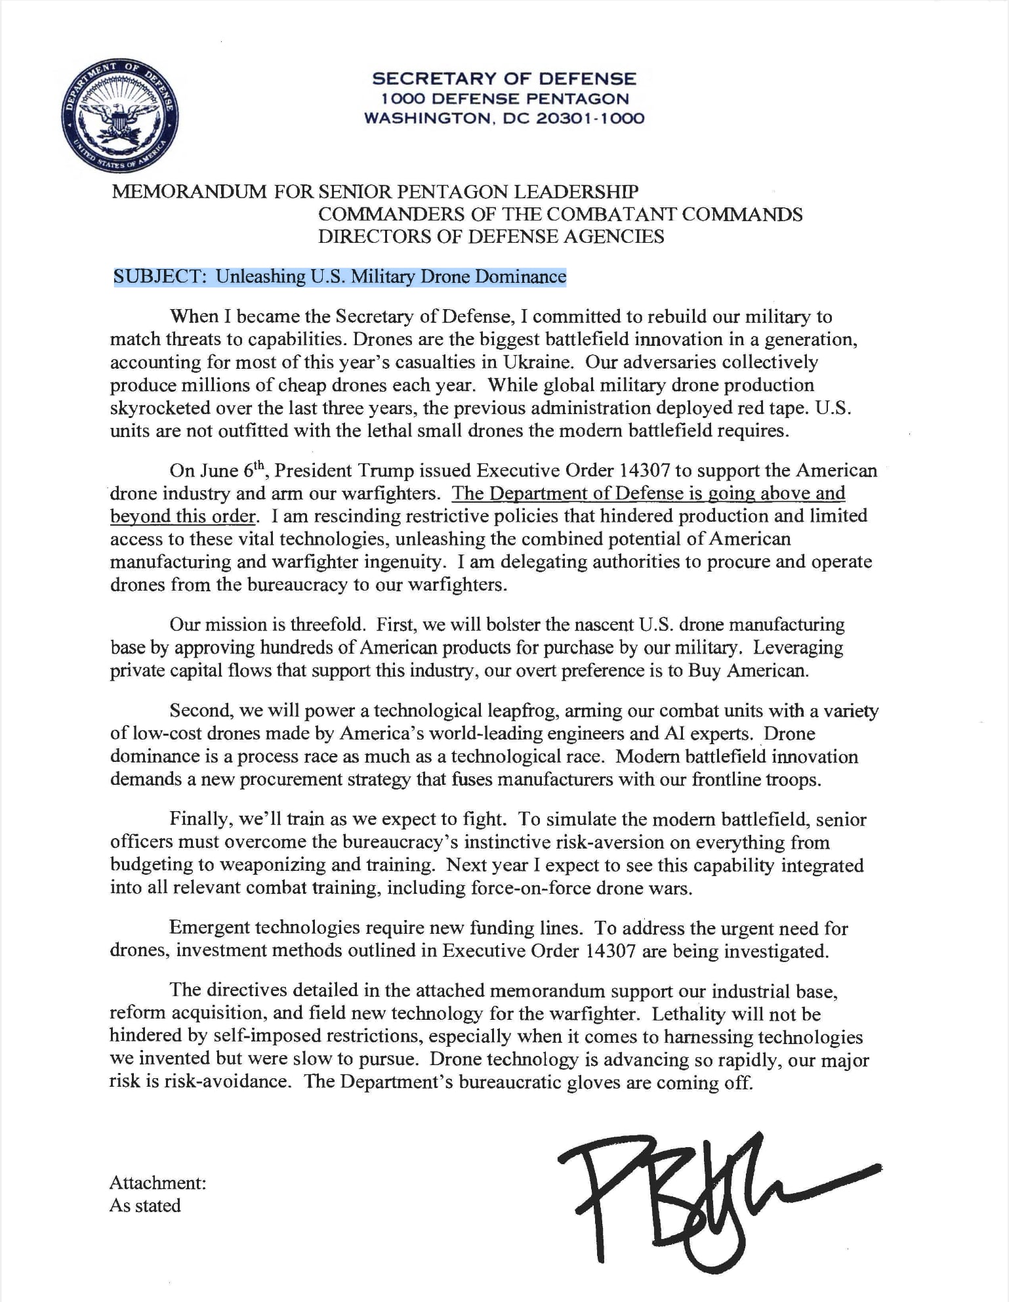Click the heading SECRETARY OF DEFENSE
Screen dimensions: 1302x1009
(504, 79)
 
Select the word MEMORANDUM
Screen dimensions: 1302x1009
(190, 192)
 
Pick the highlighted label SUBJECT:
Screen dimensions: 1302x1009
(161, 276)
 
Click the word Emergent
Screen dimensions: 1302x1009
(209, 928)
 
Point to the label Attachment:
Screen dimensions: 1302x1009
(158, 1183)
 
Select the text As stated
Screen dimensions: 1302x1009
(145, 1206)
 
